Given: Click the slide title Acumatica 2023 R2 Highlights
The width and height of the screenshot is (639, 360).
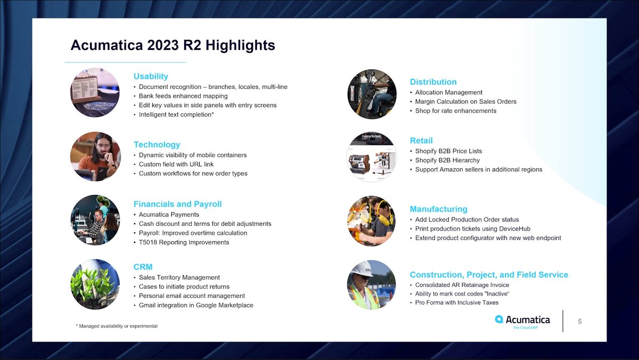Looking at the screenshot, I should [x=173, y=45].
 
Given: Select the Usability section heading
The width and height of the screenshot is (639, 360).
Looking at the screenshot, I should [x=151, y=76].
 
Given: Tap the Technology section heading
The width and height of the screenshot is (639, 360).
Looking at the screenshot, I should [x=157, y=144].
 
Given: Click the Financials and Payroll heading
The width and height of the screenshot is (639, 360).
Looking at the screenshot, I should [x=177, y=204].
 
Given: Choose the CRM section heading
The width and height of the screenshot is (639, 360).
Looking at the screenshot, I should [x=143, y=266].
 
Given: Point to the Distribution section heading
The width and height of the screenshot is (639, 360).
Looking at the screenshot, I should [x=433, y=82].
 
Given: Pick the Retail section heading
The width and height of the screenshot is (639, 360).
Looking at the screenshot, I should [x=421, y=141].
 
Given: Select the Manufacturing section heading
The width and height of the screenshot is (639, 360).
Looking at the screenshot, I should [x=438, y=209].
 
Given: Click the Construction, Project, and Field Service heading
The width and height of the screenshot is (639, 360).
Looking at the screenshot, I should [x=488, y=275].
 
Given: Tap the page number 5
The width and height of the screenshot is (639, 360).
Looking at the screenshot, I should [x=580, y=321].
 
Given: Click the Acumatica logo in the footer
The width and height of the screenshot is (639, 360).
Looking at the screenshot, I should [x=522, y=321].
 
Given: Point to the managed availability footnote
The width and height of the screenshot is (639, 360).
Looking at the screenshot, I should [x=117, y=326].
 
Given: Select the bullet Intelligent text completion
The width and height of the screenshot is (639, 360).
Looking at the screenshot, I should [x=176, y=114].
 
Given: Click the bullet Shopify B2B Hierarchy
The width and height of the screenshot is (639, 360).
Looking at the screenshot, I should [x=447, y=160].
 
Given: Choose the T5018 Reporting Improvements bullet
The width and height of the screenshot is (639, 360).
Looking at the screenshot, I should [x=184, y=242].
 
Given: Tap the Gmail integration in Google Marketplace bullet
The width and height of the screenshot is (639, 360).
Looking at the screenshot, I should [x=196, y=305].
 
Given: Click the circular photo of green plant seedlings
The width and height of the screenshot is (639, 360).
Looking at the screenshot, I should [x=95, y=284].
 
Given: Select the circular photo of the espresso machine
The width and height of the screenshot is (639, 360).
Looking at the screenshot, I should [x=372, y=157].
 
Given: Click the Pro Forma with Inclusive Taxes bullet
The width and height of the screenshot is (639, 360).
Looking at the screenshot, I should [x=457, y=302].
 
